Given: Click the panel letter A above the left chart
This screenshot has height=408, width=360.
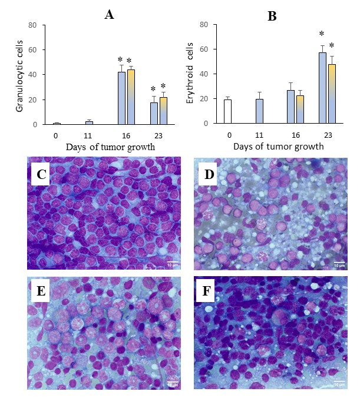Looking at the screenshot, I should (109, 15).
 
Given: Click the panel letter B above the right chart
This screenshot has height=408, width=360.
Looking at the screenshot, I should (272, 16).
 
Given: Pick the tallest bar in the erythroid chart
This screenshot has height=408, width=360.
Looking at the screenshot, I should (322, 88).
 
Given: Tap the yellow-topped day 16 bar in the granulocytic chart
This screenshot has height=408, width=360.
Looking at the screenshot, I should (131, 97).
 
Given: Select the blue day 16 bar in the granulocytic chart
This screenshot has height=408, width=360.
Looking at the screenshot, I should (121, 98).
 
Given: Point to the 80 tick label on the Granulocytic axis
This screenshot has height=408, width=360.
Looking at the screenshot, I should (32, 25).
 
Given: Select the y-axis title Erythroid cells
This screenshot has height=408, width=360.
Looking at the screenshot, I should (190, 74).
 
